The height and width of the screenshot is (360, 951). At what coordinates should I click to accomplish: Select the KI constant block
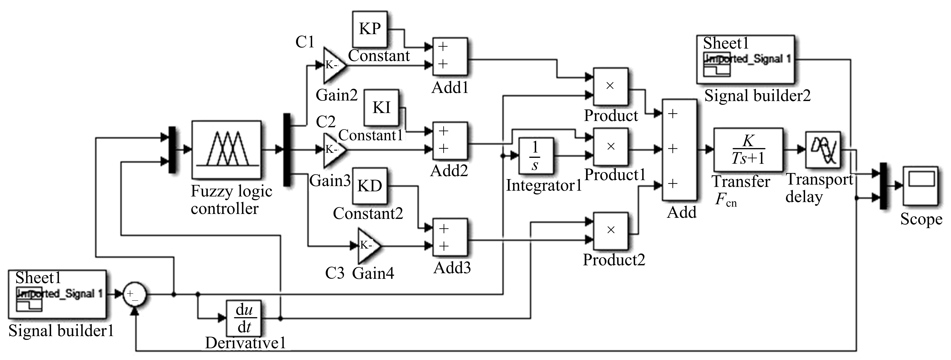click(x=381, y=107)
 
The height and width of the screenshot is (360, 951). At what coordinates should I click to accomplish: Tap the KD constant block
click(x=370, y=186)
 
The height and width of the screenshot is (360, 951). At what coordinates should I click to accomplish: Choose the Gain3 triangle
click(x=333, y=149)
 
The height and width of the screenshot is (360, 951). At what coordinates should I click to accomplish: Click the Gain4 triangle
click(x=368, y=245)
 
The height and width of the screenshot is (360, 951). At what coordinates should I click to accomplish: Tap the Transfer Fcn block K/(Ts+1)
click(x=748, y=149)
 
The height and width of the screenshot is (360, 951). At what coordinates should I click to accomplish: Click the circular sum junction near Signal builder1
click(x=134, y=294)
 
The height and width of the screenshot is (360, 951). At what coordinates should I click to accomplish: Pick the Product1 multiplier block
click(x=610, y=147)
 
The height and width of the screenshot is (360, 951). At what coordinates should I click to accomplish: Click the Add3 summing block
click(x=450, y=237)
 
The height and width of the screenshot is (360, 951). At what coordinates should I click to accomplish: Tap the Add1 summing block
click(x=450, y=56)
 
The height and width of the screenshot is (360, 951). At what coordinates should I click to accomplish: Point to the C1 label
click(x=305, y=42)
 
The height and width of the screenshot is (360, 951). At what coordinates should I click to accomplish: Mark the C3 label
click(x=334, y=273)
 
